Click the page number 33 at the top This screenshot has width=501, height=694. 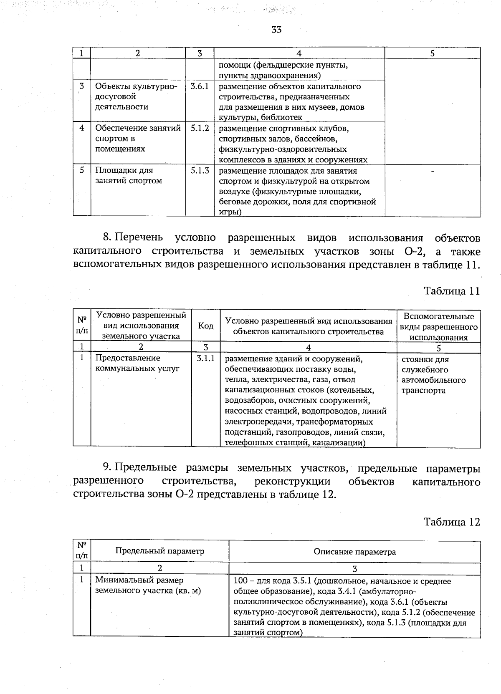276,30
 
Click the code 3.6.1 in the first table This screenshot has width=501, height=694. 200,86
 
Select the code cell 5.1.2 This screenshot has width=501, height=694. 200,129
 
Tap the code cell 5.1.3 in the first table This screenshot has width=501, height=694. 200,171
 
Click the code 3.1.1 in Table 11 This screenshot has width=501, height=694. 205,358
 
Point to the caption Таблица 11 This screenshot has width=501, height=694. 452,291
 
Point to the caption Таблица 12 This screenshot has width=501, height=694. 452,522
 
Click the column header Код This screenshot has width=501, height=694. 205,326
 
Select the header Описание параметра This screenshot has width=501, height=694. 354,552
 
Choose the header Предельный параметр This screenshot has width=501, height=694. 160,551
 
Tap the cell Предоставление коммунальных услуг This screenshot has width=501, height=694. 137,363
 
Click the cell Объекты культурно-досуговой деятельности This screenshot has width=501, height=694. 136,96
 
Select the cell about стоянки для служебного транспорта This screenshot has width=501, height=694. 433,375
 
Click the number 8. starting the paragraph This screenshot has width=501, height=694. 107,238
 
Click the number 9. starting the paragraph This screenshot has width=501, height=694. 107,468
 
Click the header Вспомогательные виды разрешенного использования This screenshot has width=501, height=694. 438,327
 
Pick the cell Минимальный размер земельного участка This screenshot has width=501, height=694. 148,585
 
